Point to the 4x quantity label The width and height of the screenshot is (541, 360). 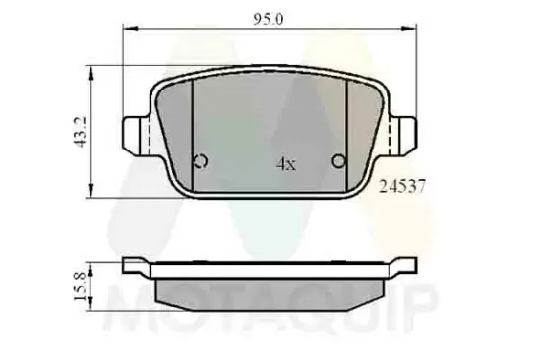click(285, 165)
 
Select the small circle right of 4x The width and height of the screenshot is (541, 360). click(339, 162)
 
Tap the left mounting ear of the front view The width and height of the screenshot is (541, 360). click(135, 132)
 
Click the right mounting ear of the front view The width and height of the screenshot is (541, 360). click(405, 132)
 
